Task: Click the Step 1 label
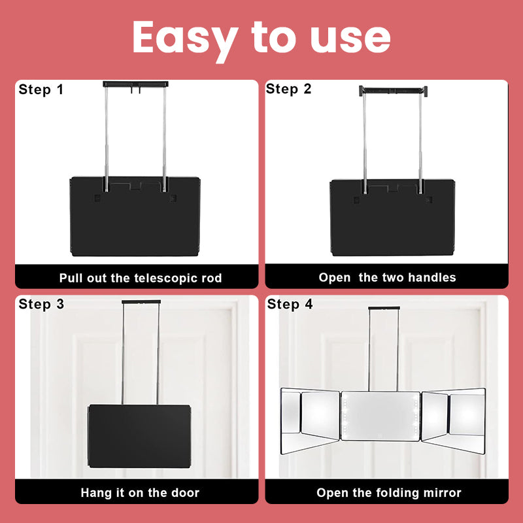pos(41,90)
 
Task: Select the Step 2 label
pos(288,89)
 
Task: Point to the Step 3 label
pos(41,304)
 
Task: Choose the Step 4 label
pos(290,304)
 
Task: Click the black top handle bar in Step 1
pos(135,84)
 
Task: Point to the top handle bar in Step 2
pos(394,90)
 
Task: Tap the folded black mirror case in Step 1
pos(135,216)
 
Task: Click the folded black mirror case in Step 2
pos(392,218)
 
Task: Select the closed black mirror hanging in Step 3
pos(139,436)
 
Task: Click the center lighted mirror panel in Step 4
pos(380,416)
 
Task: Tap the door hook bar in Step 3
pos(141,302)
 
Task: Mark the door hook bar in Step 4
pos(384,308)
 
